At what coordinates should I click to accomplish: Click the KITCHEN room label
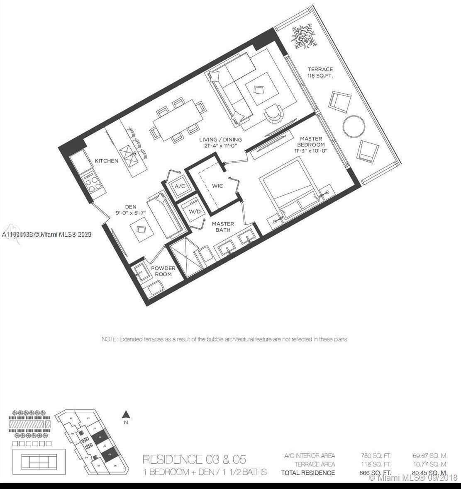106,161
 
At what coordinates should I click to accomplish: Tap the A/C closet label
180,186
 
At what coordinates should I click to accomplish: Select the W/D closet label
195,212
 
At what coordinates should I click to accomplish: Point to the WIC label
217,186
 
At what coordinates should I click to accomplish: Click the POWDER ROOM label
163,271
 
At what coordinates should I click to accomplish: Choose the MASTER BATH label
223,227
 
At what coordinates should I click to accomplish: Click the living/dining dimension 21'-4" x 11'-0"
220,146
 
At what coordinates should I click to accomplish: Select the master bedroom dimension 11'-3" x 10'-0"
311,151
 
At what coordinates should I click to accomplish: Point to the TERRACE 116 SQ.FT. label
320,73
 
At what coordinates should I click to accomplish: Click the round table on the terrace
354,126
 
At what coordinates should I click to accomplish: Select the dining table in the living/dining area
178,120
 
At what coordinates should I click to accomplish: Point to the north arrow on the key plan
127,414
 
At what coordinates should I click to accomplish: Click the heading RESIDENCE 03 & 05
194,459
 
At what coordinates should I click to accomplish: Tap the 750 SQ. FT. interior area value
376,456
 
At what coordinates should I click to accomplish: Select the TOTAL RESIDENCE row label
307,472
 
